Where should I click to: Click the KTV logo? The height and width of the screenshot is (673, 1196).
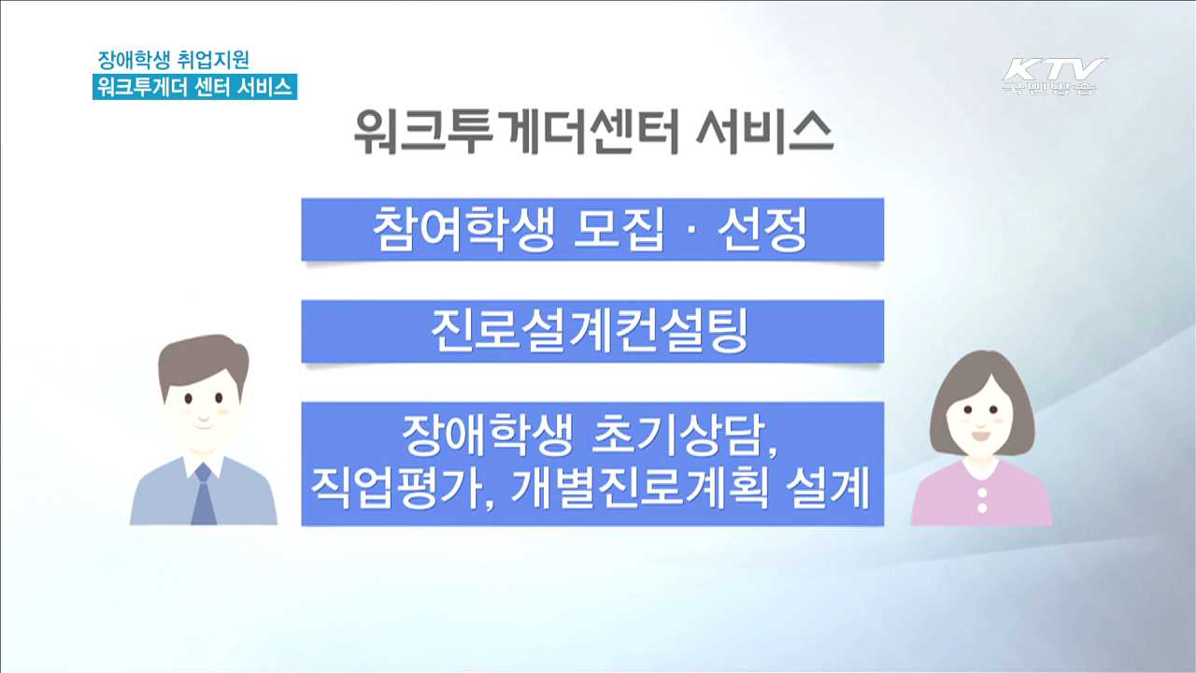pos(1053,75)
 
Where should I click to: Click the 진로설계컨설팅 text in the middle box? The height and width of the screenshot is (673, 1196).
pos(591,331)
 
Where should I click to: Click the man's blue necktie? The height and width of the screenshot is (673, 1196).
pos(203,495)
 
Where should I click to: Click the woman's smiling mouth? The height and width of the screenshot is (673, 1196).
pos(980,435)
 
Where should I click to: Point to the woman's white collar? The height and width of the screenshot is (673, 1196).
pos(982,466)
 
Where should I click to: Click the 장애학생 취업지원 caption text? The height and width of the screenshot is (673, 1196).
pos(174,60)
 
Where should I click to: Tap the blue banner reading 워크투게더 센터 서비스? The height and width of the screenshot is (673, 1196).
pos(194,87)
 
